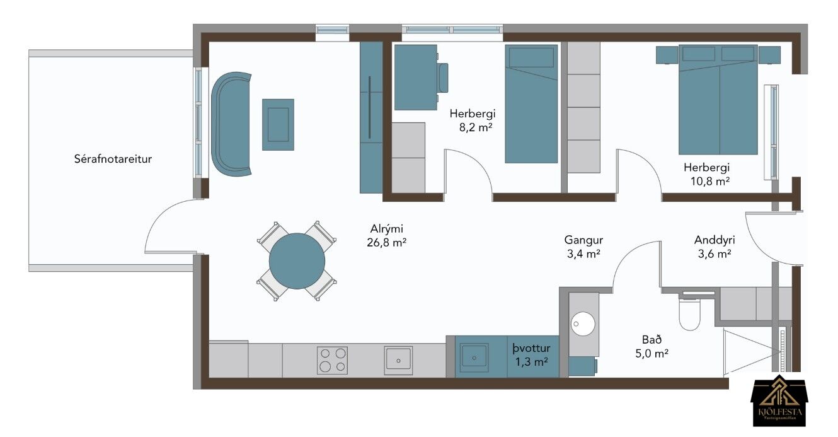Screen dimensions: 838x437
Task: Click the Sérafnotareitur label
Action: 113,159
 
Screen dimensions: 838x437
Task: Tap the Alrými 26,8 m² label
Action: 386,236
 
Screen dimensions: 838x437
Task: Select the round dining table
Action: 297,261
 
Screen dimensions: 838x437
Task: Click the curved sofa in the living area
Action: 231,124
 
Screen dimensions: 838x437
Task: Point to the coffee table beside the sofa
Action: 278,125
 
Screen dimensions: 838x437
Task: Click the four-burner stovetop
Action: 332,360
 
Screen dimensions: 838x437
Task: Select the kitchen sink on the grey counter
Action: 398,360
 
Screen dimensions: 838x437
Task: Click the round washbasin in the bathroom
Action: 582,324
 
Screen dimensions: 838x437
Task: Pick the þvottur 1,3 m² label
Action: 531,355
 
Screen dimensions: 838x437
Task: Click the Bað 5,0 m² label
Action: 651,346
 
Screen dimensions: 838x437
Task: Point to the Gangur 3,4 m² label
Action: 583,247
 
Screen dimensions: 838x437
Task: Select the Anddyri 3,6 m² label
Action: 715,247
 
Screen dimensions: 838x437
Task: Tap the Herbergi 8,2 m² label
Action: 473,120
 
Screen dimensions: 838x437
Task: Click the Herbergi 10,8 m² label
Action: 707,174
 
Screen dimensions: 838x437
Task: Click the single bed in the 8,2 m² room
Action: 531,103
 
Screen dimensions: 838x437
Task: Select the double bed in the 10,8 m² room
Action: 718,100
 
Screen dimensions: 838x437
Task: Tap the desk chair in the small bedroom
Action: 443,78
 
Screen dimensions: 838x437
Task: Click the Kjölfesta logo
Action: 779,402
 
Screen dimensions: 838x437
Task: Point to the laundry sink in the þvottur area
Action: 474,358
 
